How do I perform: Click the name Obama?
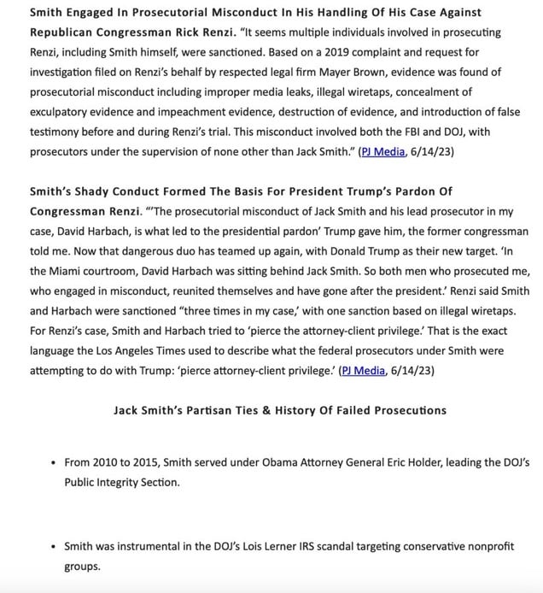point(284,462)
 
